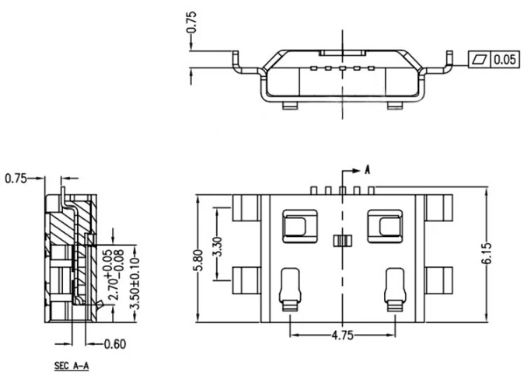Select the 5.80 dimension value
pos(199,260)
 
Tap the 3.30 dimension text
pos(218,246)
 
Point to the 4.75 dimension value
pos(343,336)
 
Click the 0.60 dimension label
pos(114,344)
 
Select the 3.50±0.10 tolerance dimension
pos(134,283)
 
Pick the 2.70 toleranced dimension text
pos(113,275)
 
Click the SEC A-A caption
pos(72,366)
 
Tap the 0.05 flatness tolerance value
pos(504,60)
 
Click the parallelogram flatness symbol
pos(480,60)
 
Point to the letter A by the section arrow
pos(368,169)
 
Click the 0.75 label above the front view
pos(192,23)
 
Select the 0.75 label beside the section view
pos(16,179)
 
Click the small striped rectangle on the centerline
pos(343,241)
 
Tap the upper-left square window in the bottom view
pos(300,227)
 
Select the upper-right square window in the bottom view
pos(386,227)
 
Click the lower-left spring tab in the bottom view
pos(290,290)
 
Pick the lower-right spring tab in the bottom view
pos(395,290)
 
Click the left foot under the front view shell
pos(290,106)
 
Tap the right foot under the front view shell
pos(395,106)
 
